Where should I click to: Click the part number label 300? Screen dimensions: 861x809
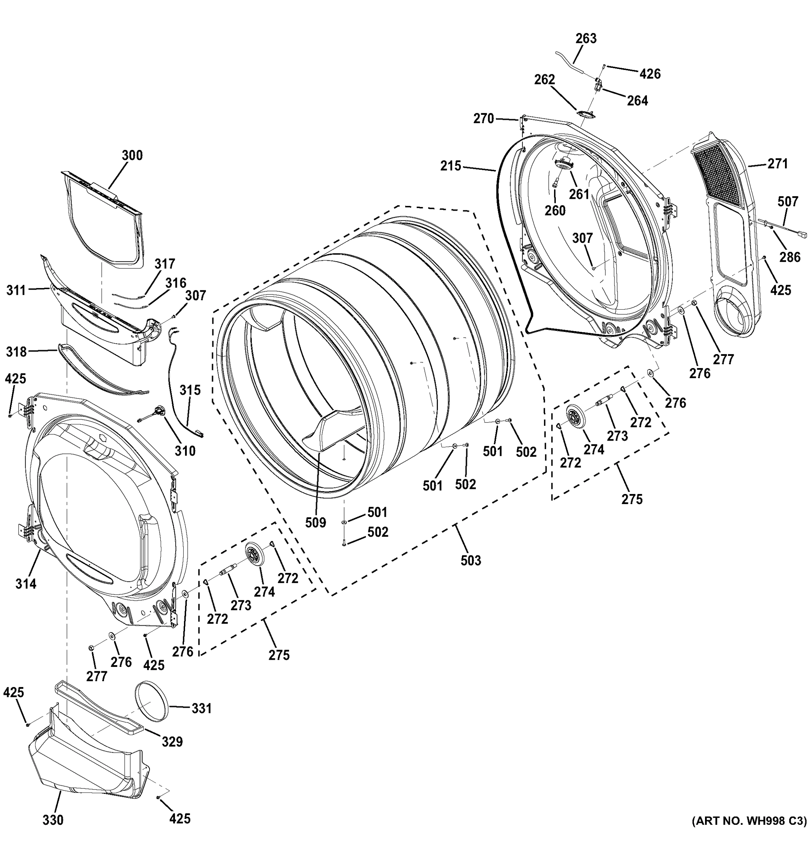pyautogui.click(x=132, y=155)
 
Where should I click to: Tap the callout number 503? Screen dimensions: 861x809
pyautogui.click(x=470, y=560)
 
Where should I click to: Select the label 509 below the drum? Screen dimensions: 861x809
pyautogui.click(x=315, y=523)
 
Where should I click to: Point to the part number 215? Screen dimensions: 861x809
pyautogui.click(x=451, y=166)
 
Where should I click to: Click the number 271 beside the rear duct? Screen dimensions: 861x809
pyautogui.click(x=777, y=164)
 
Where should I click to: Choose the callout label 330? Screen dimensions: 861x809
pyautogui.click(x=53, y=820)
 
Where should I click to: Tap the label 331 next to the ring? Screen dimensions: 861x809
pyautogui.click(x=201, y=709)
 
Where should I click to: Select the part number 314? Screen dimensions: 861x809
pyautogui.click(x=26, y=584)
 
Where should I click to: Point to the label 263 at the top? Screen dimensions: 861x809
pyautogui.click(x=586, y=38)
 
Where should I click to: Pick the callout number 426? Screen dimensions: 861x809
pyautogui.click(x=650, y=74)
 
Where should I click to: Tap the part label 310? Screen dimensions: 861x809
pyautogui.click(x=185, y=451)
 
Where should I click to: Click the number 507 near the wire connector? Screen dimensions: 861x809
pyautogui.click(x=788, y=201)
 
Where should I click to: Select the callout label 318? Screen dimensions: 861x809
pyautogui.click(x=16, y=352)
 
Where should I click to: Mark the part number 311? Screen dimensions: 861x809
pyautogui.click(x=16, y=290)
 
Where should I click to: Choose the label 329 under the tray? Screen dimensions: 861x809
pyautogui.click(x=172, y=742)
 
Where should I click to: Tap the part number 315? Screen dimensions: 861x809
pyautogui.click(x=190, y=390)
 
